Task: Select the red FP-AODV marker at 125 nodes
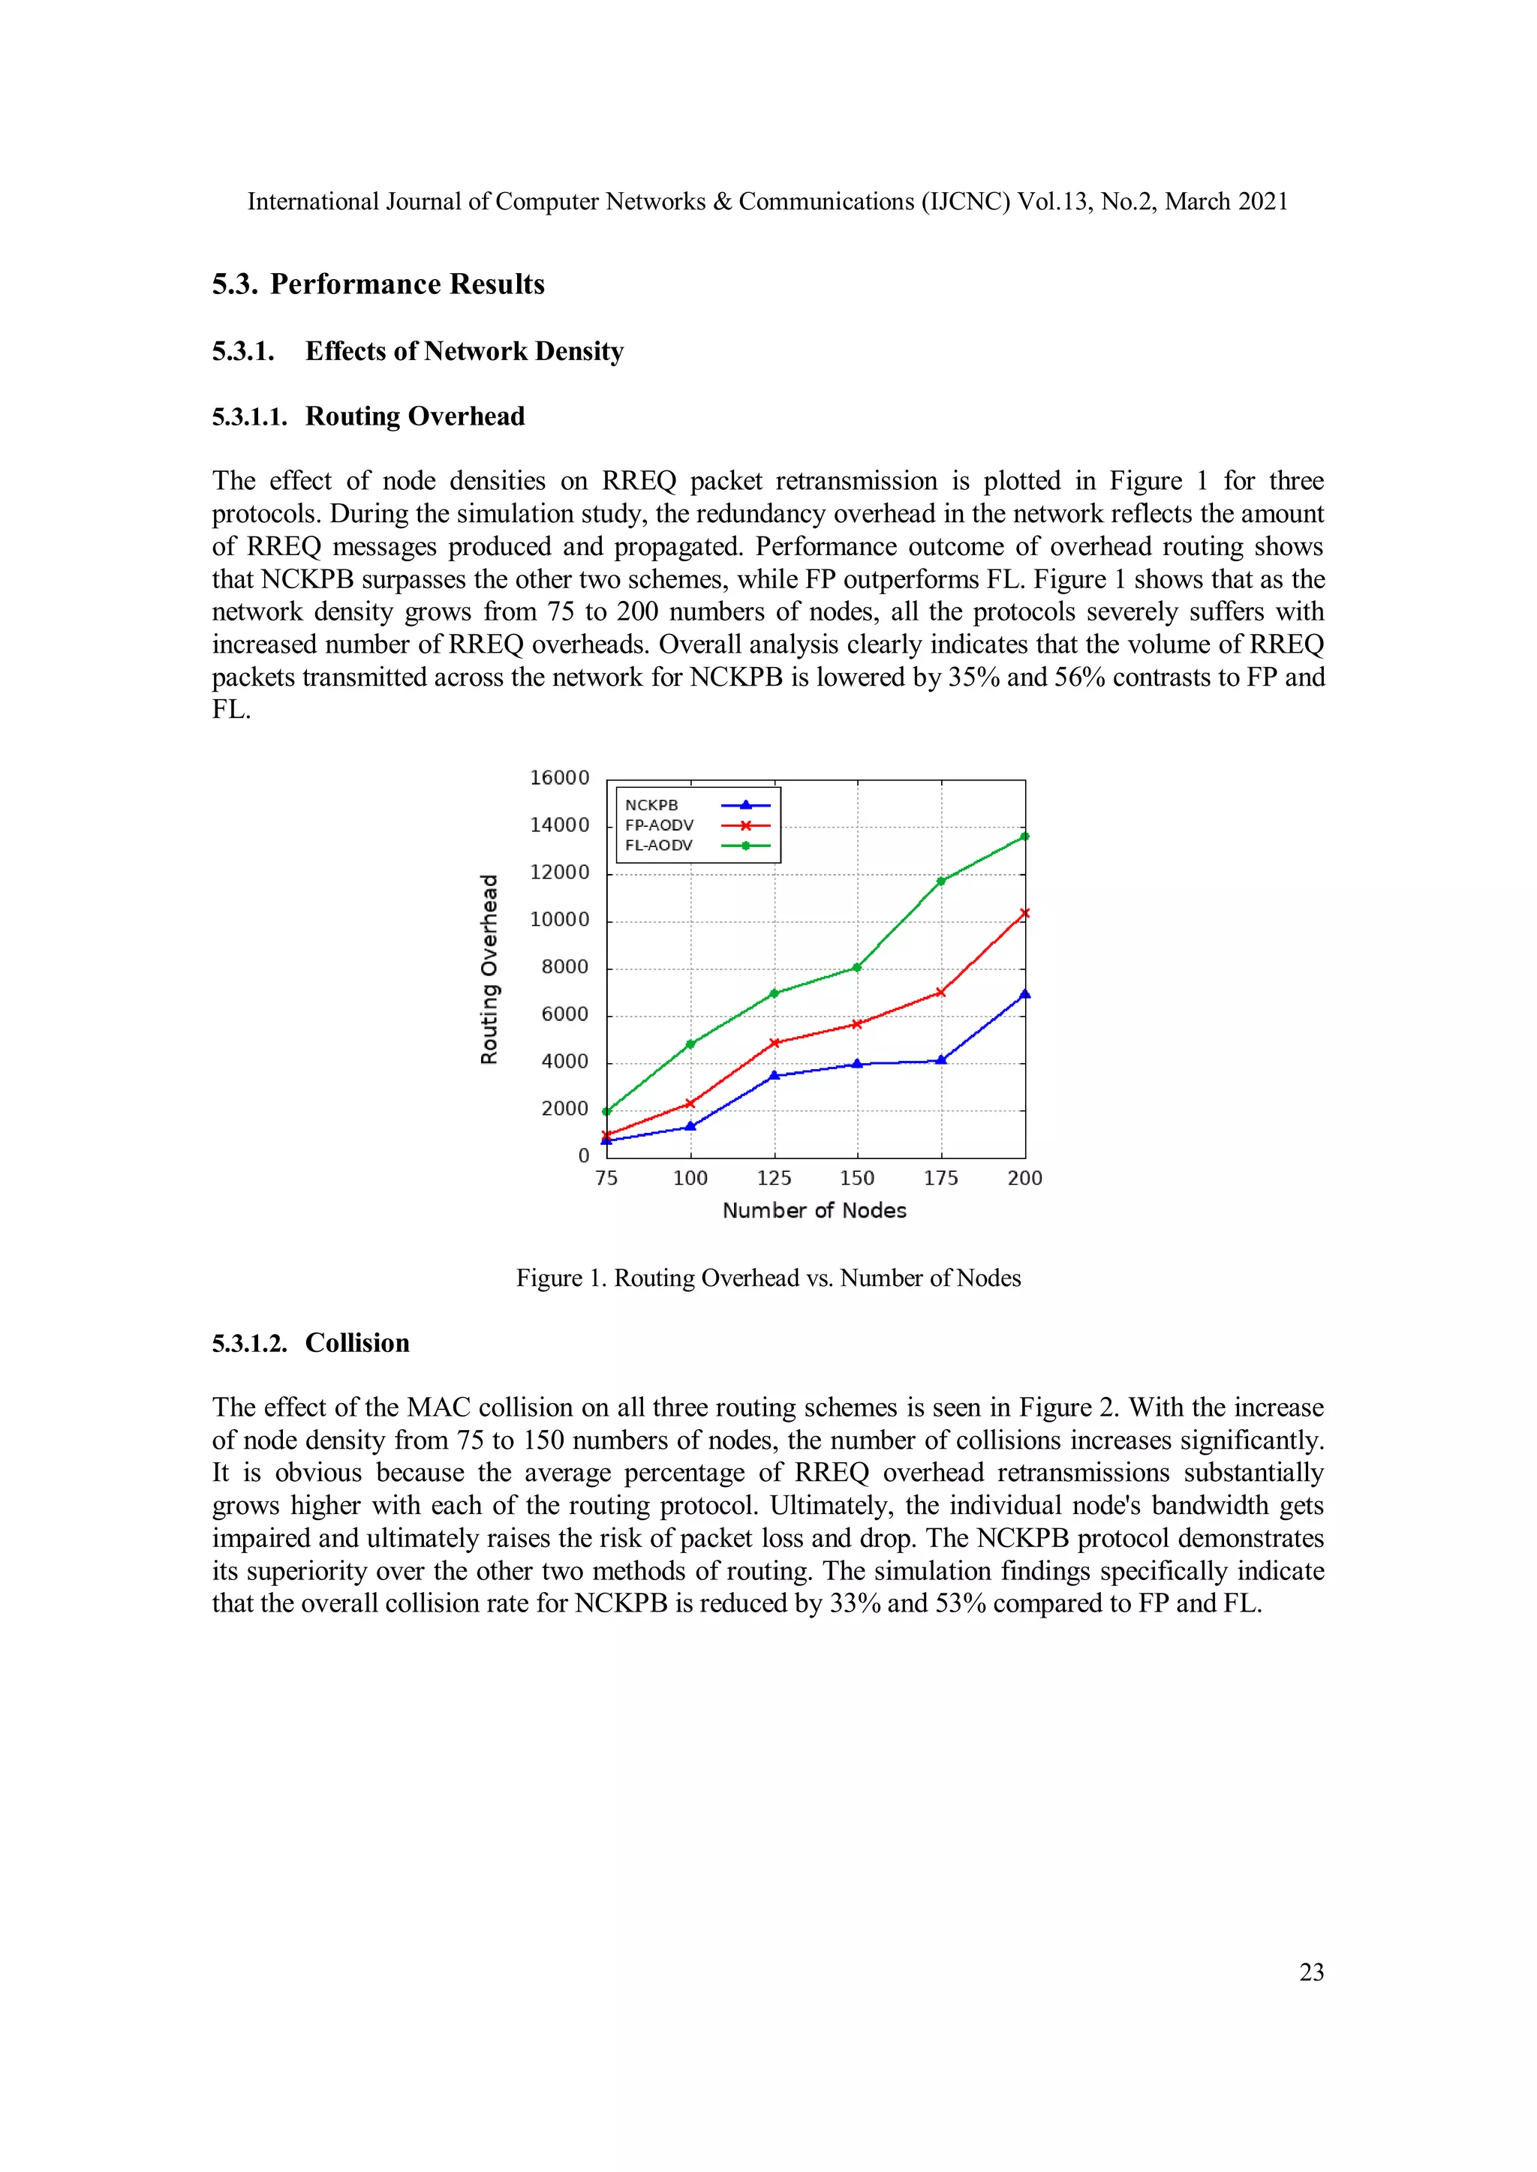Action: pyautogui.click(x=775, y=1042)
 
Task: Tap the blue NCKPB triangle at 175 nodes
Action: pyautogui.click(x=941, y=1060)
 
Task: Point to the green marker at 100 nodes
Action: pyautogui.click(x=690, y=1044)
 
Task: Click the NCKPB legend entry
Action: pyautogui.click(x=651, y=805)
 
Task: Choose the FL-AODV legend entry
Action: pyautogui.click(x=659, y=846)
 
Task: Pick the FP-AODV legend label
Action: pyautogui.click(x=659, y=825)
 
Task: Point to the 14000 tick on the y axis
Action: pyautogui.click(x=558, y=825)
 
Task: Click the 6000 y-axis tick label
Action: pyautogui.click(x=564, y=1014)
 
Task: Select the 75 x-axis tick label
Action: pyautogui.click(x=606, y=1178)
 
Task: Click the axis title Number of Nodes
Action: pyautogui.click(x=814, y=1210)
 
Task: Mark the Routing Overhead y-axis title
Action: pyautogui.click(x=489, y=969)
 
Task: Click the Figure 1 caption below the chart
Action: pyautogui.click(x=768, y=1278)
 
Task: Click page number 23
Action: pyautogui.click(x=1311, y=1972)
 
